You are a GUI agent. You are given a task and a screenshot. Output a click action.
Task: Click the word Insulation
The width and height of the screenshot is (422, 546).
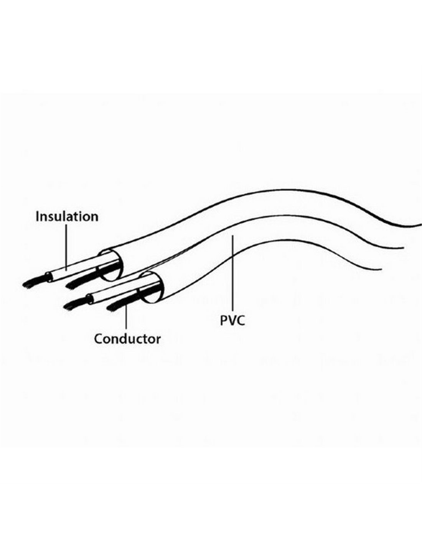click(67, 217)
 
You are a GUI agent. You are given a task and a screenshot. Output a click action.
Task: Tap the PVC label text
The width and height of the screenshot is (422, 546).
click(232, 321)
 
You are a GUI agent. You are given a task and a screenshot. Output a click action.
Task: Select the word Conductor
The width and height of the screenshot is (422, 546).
click(127, 339)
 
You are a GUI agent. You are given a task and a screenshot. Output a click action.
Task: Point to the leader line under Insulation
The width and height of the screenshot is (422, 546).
click(66, 247)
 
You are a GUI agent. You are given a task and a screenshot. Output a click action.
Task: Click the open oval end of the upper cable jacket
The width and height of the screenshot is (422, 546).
click(110, 265)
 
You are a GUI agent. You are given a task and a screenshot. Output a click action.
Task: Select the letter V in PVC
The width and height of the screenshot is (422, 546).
click(232, 321)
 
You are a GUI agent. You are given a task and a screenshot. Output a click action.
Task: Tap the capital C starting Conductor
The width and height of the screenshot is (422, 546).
click(99, 339)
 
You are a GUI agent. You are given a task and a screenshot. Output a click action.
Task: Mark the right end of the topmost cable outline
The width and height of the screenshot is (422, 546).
click(421, 224)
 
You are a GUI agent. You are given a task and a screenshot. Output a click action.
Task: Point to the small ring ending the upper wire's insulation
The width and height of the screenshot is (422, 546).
click(48, 276)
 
